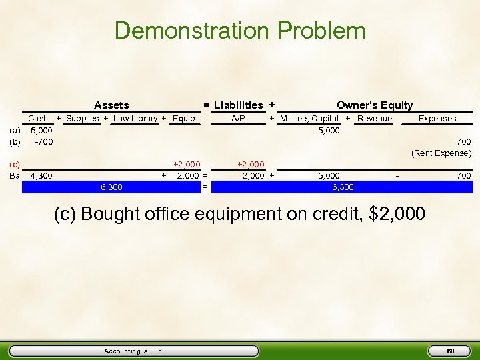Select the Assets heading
(x=111, y=105)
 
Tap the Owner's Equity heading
(x=375, y=105)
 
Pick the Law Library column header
(x=135, y=119)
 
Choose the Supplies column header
(x=82, y=119)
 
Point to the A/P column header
(x=238, y=119)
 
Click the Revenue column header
(x=374, y=119)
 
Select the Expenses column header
(x=437, y=119)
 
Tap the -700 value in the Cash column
(x=43, y=142)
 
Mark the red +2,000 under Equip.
(x=186, y=164)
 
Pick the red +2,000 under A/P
(x=251, y=164)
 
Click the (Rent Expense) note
(x=441, y=153)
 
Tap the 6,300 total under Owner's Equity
(x=343, y=187)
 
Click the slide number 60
(x=451, y=351)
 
